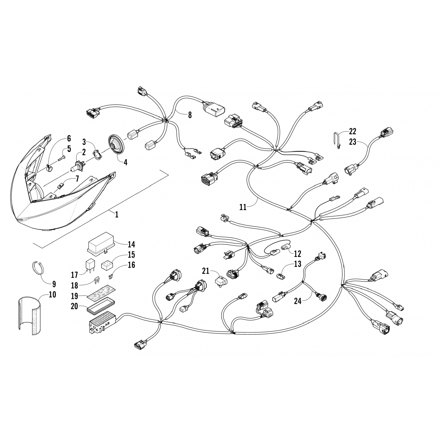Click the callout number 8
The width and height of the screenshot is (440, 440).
pos(190,115)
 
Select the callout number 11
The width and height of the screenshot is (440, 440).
pos(243,207)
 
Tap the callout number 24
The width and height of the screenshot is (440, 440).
pos(298,301)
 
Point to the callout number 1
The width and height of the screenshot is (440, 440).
pos(117,214)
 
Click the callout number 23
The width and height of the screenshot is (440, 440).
pos(353,142)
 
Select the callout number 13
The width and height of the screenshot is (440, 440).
pos(297,264)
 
